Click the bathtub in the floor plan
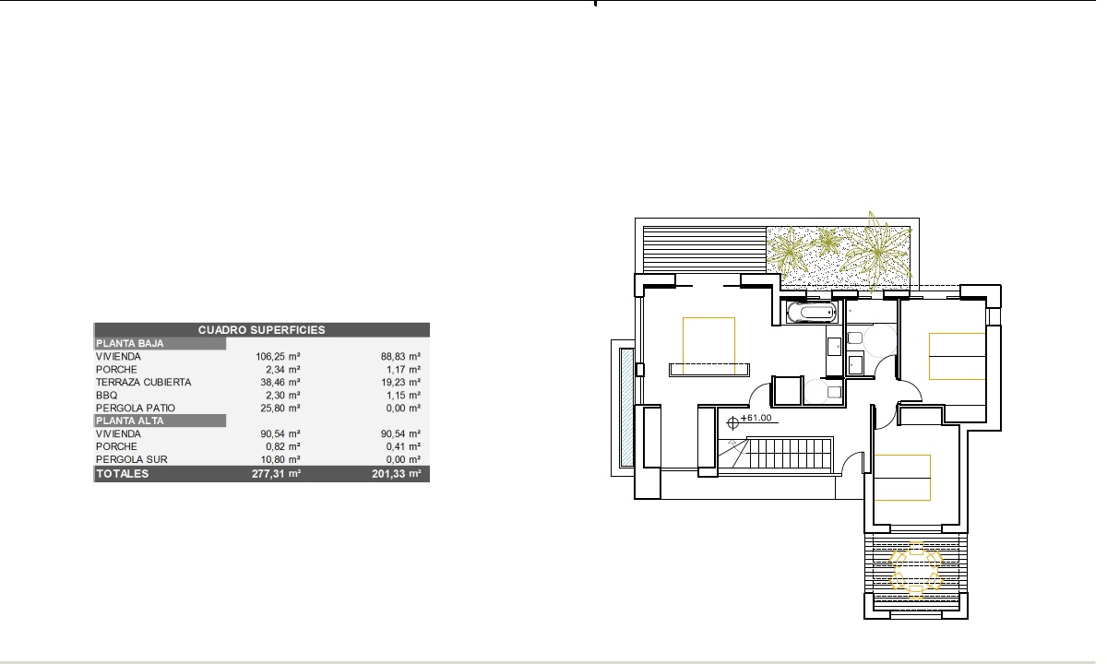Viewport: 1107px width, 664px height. pos(812,313)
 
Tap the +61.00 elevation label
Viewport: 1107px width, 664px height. pos(756,418)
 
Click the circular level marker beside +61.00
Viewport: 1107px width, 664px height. pos(732,422)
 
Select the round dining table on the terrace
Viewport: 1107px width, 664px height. pos(916,571)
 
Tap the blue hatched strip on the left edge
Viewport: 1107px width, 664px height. pos(626,408)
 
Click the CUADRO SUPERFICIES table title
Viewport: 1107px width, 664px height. pos(261,330)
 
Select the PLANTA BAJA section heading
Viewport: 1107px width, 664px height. pos(129,343)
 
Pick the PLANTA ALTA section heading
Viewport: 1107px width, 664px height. pos(129,421)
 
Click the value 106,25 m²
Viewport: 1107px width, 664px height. pos(278,356)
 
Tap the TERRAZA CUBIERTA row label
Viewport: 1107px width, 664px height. pos(143,382)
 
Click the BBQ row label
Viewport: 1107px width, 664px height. pos(107,396)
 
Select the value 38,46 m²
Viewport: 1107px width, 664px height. pos(280,382)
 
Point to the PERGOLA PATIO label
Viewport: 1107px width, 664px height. pos(136,408)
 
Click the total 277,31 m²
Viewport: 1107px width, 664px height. pos(276,474)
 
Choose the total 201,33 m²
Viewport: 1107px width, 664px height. pos(397,474)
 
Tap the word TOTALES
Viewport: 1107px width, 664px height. pos(122,474)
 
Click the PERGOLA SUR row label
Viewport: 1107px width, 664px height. pos(131,459)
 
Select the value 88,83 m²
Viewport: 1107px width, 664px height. pos(400,356)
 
